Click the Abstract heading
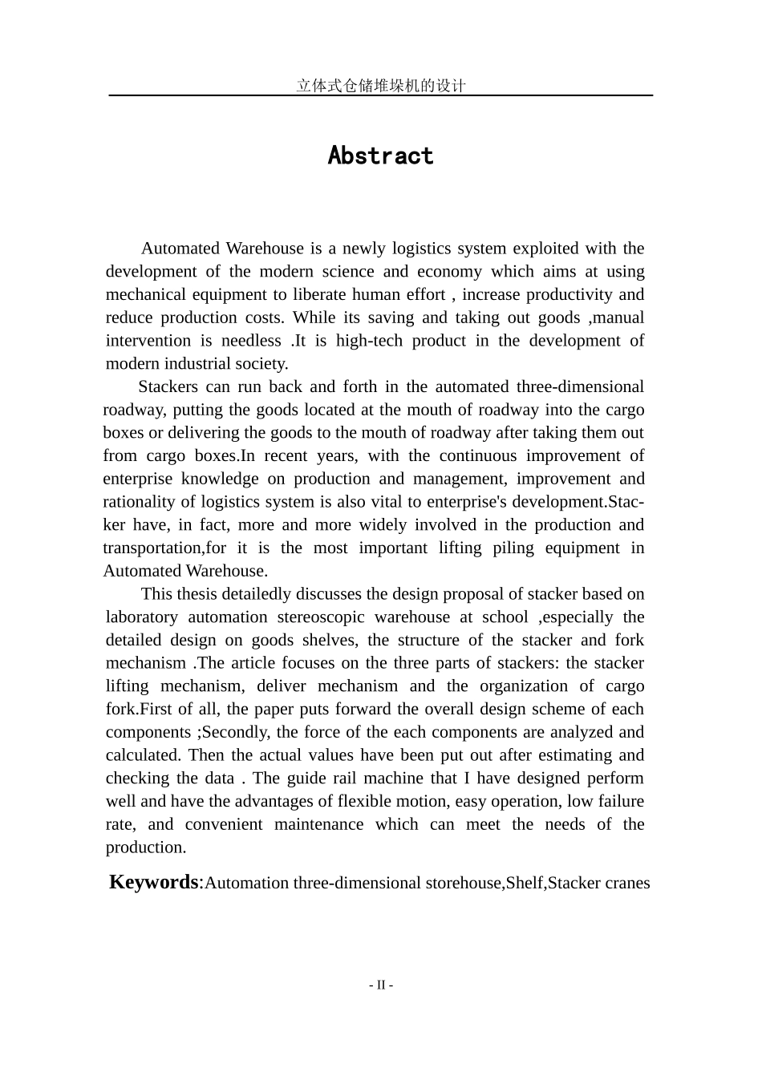click(380, 156)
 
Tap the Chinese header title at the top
click(380, 85)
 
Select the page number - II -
click(381, 985)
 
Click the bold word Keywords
click(153, 882)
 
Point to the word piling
click(503, 548)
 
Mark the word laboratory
click(142, 617)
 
